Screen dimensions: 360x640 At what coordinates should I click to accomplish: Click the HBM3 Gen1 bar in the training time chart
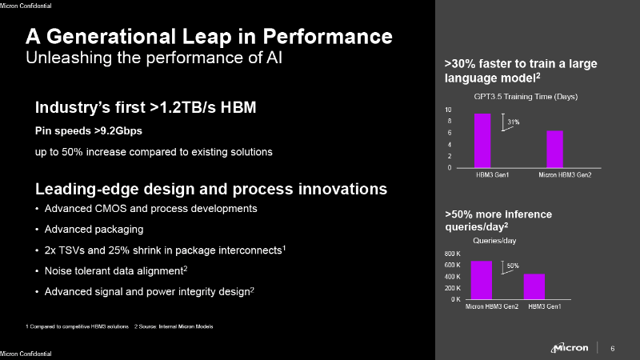tap(482, 141)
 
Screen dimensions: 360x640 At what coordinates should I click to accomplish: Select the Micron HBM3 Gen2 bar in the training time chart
tap(555, 149)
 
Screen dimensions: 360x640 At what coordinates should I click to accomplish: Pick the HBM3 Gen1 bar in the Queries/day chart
tap(534, 286)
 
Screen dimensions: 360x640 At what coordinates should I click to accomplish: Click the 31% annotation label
tap(514, 122)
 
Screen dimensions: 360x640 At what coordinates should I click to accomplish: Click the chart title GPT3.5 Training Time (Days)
tap(525, 96)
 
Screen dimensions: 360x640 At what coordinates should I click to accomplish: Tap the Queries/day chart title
tap(494, 240)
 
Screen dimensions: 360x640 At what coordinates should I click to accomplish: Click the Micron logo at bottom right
tap(570, 348)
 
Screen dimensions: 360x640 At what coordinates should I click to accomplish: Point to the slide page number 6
tap(613, 348)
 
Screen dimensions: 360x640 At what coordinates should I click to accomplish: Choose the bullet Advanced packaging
tap(92, 229)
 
